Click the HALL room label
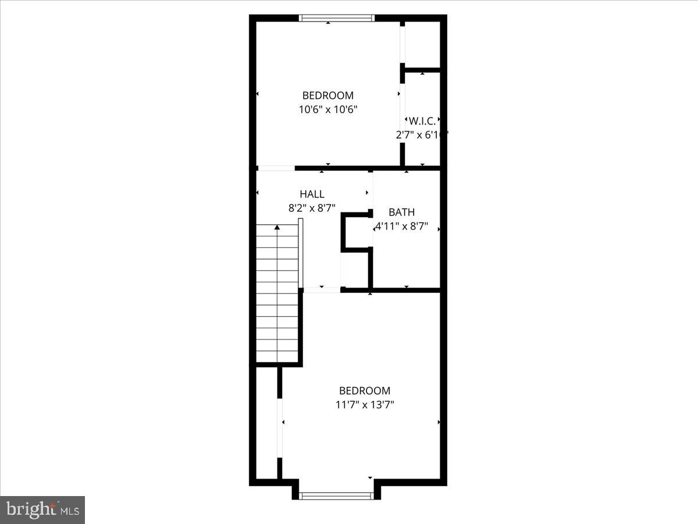click(312, 194)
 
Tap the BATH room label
click(402, 213)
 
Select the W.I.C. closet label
click(422, 121)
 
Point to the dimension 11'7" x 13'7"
click(365, 405)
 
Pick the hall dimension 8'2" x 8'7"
click(312, 208)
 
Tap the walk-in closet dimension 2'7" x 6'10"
click(422, 134)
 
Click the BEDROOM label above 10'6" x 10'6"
click(327, 95)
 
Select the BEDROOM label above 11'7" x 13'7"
click(365, 391)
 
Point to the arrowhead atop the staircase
click(277, 227)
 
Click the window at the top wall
click(337, 18)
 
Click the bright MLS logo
click(42, 509)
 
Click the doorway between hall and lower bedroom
click(322, 289)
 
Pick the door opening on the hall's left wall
click(276, 168)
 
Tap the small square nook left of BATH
click(356, 232)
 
